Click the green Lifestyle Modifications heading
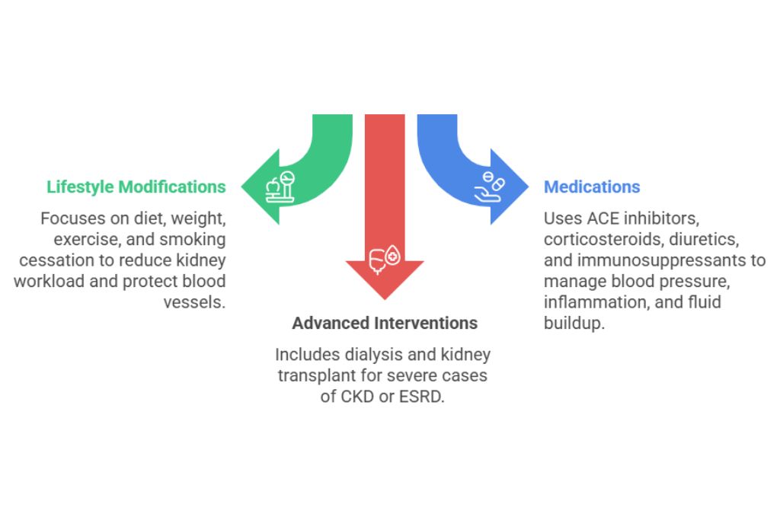[136, 187]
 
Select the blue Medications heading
[591, 187]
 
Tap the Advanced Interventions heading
[385, 323]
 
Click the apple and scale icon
[280, 187]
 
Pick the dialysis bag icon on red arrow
[384, 259]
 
